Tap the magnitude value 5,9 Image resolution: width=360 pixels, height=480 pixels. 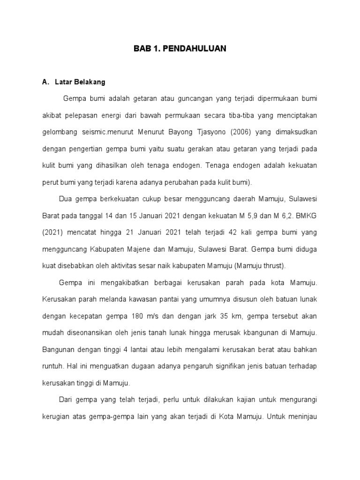[247, 216]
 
